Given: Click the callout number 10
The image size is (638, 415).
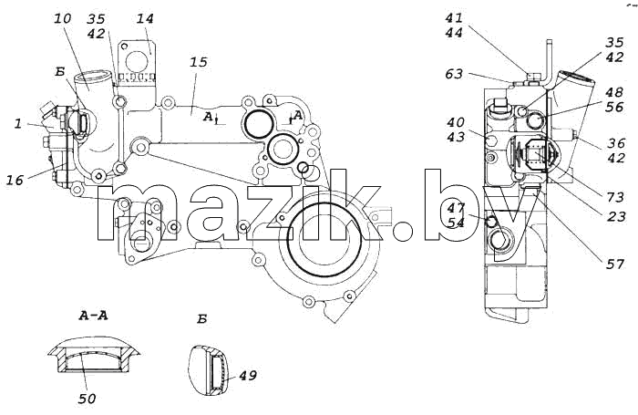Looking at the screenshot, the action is point(62,19).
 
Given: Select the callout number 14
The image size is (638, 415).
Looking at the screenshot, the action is point(145,19).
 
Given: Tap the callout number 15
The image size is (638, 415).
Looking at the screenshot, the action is point(198,62).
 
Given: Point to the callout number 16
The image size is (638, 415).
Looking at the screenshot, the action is point(15,180).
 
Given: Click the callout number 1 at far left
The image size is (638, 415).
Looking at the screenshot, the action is point(18,123).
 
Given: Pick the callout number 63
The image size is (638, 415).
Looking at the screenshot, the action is point(454,74).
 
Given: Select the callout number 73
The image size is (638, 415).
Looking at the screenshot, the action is point(615,197).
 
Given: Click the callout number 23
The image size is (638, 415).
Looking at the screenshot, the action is point(616,216).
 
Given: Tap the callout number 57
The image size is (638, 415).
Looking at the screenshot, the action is point(615,265).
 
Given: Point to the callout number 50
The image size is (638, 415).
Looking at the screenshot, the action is point(87,399).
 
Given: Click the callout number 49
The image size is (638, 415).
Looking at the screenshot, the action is point(247,376).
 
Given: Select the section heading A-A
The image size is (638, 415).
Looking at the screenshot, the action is point(94,316).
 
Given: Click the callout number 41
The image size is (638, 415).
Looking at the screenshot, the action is point(454,18).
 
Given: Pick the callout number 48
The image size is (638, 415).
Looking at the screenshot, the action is point(614,92).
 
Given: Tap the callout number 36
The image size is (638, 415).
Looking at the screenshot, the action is point(616,143).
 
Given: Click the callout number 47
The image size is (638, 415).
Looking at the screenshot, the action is point(456,208).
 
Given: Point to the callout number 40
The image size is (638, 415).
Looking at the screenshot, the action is point(456,122).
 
